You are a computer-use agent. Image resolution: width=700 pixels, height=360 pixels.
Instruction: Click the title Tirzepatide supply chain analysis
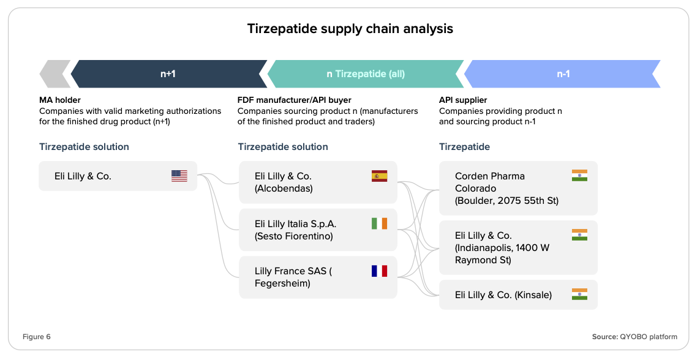coord(350,29)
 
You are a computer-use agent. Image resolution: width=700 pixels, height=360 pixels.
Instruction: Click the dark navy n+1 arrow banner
coord(169,74)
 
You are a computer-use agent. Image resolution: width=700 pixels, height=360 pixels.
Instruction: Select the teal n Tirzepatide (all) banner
coord(365,74)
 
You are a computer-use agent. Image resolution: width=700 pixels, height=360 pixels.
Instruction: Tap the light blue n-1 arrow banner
coord(562,74)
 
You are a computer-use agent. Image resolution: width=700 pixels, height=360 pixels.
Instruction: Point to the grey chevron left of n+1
coord(55,74)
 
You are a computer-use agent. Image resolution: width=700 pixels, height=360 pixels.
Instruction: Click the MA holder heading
coord(60,100)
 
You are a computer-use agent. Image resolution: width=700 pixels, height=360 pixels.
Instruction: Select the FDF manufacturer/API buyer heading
coord(294,100)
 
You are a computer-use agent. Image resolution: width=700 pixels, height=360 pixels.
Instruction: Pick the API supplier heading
coord(463,100)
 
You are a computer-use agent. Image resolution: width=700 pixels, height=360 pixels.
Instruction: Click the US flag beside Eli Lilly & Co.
coord(179,176)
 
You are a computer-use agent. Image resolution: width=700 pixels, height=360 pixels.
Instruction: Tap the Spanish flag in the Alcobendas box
coord(380,176)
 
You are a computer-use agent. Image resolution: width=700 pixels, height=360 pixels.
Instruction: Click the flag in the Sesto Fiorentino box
coord(380,223)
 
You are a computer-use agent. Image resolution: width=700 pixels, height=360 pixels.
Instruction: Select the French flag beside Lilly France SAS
coord(380,271)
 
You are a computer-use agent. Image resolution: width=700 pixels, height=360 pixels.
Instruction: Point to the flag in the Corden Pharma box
coord(579,175)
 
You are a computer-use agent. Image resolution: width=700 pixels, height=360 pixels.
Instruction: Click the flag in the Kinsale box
coord(579,294)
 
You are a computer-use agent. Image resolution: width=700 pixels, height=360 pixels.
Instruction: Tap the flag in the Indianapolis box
coord(579,234)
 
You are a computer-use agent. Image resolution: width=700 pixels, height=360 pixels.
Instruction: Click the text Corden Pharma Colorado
coord(490,182)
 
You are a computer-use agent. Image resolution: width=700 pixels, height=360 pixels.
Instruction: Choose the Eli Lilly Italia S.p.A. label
coord(296,224)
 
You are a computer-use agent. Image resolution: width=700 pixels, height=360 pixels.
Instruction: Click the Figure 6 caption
coord(37,337)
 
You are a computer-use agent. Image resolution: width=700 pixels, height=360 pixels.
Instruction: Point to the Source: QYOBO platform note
coord(634,337)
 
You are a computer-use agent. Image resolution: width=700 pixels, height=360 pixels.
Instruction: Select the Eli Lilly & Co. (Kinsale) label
coord(503,295)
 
